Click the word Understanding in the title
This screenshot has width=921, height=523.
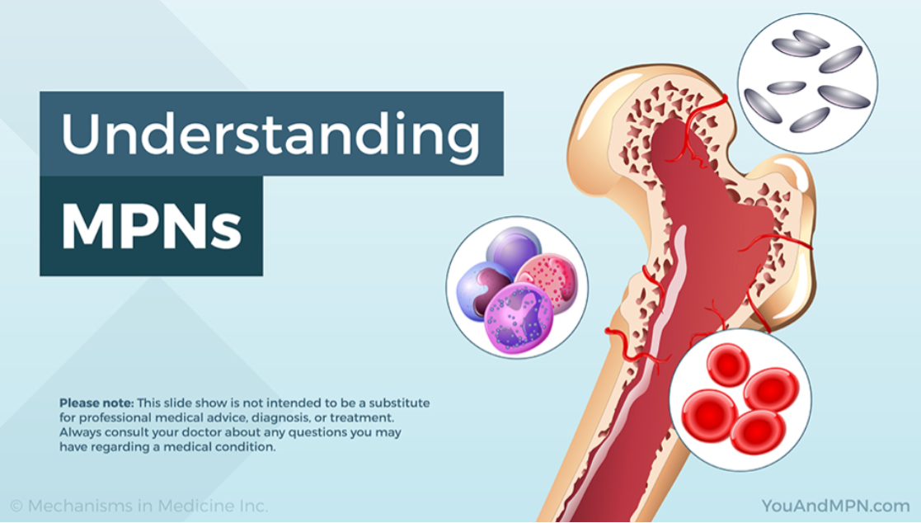click(x=270, y=134)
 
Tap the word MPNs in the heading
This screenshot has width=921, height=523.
click(x=152, y=227)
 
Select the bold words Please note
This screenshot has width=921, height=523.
click(x=96, y=403)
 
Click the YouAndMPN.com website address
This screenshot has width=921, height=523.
click(x=835, y=506)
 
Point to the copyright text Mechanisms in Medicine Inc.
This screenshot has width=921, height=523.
click(x=148, y=506)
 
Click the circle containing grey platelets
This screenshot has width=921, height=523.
click(x=808, y=83)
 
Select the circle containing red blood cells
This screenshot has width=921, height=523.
click(x=740, y=399)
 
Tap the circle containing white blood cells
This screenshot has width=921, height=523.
click(x=518, y=287)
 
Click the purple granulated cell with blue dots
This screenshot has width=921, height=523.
click(x=518, y=318)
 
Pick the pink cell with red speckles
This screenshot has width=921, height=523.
click(x=550, y=282)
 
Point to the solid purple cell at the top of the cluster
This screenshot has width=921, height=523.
click(x=514, y=250)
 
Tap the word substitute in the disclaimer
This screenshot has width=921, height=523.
click(x=398, y=403)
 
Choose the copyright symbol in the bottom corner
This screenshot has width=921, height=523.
click(x=16, y=506)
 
